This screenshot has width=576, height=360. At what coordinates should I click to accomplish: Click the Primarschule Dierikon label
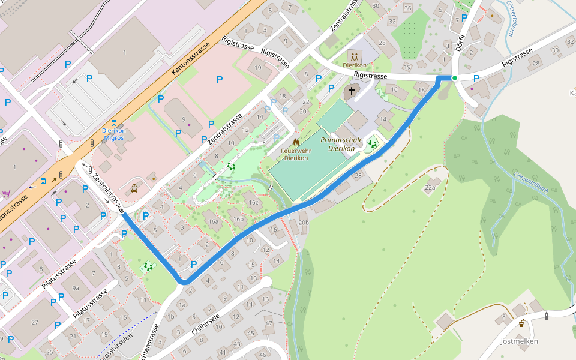coord(338,144)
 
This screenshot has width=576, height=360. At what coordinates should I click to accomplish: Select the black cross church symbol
coord(350,91)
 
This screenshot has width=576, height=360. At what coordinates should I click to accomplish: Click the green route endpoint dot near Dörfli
coord(455,78)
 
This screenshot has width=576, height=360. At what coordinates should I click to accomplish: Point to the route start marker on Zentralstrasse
coord(122,212)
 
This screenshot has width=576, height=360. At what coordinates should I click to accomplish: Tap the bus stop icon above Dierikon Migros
coord(114,122)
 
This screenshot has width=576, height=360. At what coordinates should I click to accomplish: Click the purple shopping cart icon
coord(6,193)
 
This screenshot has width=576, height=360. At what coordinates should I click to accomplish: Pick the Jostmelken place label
coord(519,341)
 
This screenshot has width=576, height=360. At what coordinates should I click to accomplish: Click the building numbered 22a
coord(430,188)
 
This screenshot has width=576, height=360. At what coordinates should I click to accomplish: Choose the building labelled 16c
coord(253,202)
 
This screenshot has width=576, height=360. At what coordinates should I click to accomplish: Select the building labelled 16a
coord(213,221)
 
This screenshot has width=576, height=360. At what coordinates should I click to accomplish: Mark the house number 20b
coord(304,223)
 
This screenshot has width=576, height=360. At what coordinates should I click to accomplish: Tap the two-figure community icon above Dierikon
coord(354,56)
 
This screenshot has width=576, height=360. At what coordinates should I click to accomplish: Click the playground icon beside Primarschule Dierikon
coord(373,143)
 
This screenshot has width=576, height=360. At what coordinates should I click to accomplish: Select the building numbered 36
coord(408,8)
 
